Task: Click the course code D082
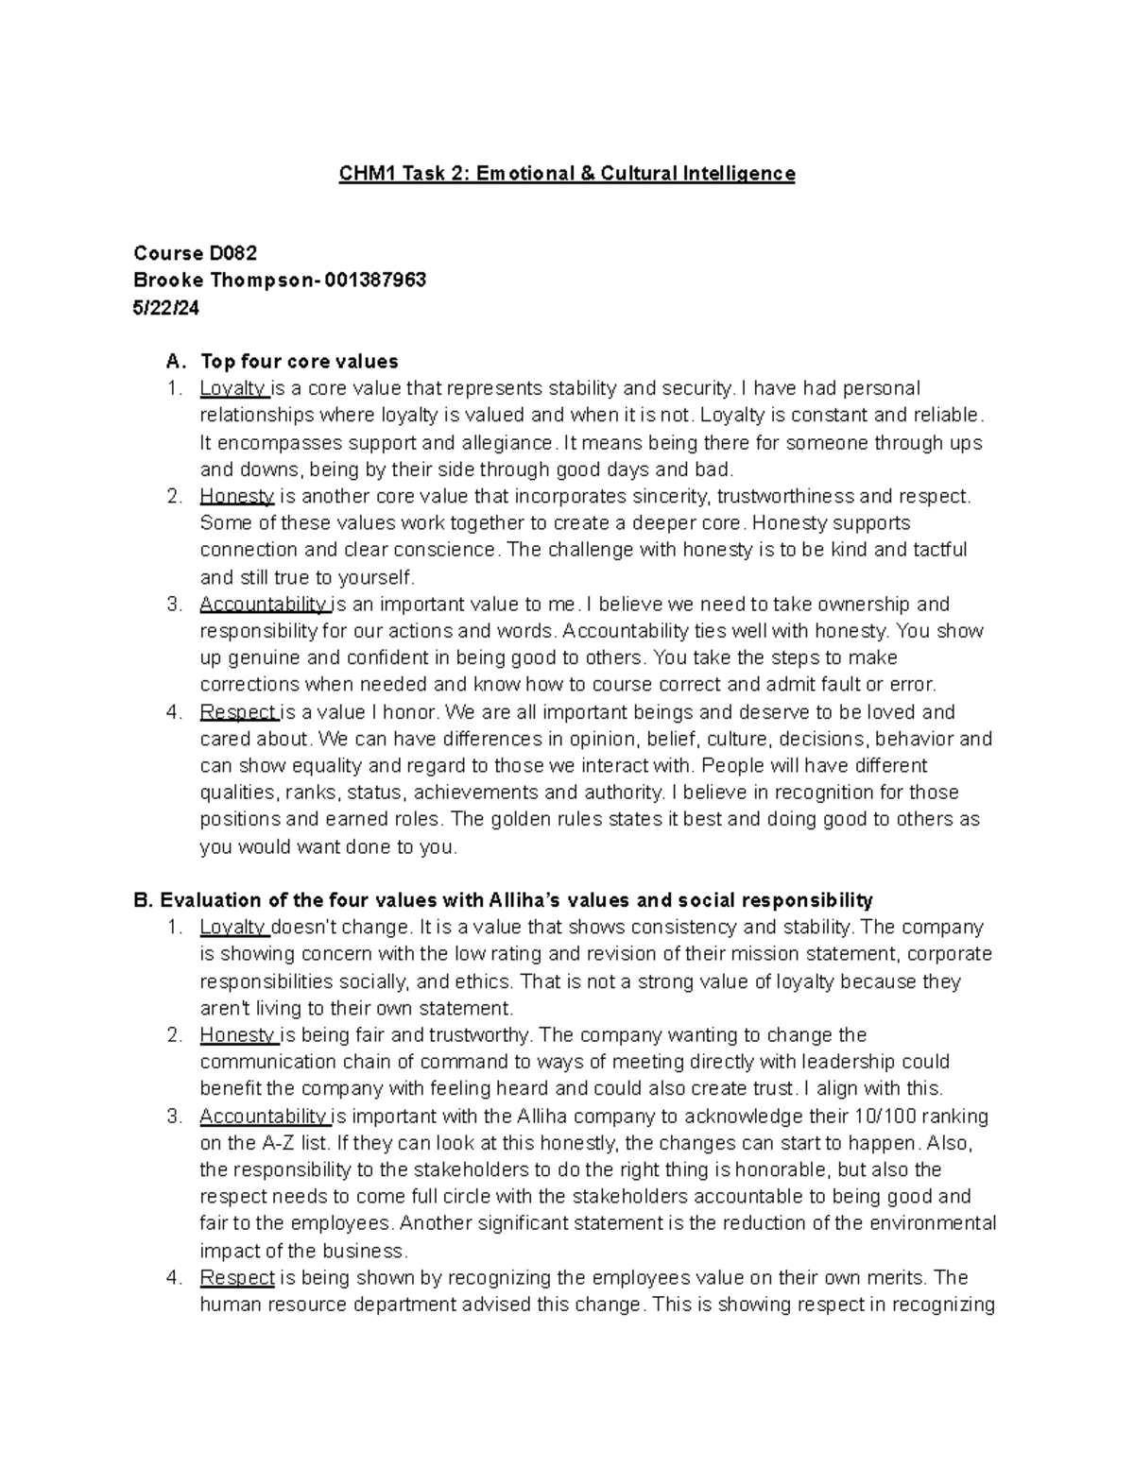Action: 232,253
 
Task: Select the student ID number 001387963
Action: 374,280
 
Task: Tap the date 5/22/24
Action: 166,307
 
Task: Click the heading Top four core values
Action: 299,361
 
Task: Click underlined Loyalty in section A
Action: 233,388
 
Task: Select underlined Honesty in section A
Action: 236,496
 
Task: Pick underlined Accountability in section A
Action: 264,604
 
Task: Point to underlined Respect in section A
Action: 237,711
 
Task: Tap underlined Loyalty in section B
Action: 233,927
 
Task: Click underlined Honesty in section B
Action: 236,1034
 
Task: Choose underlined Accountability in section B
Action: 264,1116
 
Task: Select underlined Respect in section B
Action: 237,1277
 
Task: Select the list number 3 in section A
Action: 173,604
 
